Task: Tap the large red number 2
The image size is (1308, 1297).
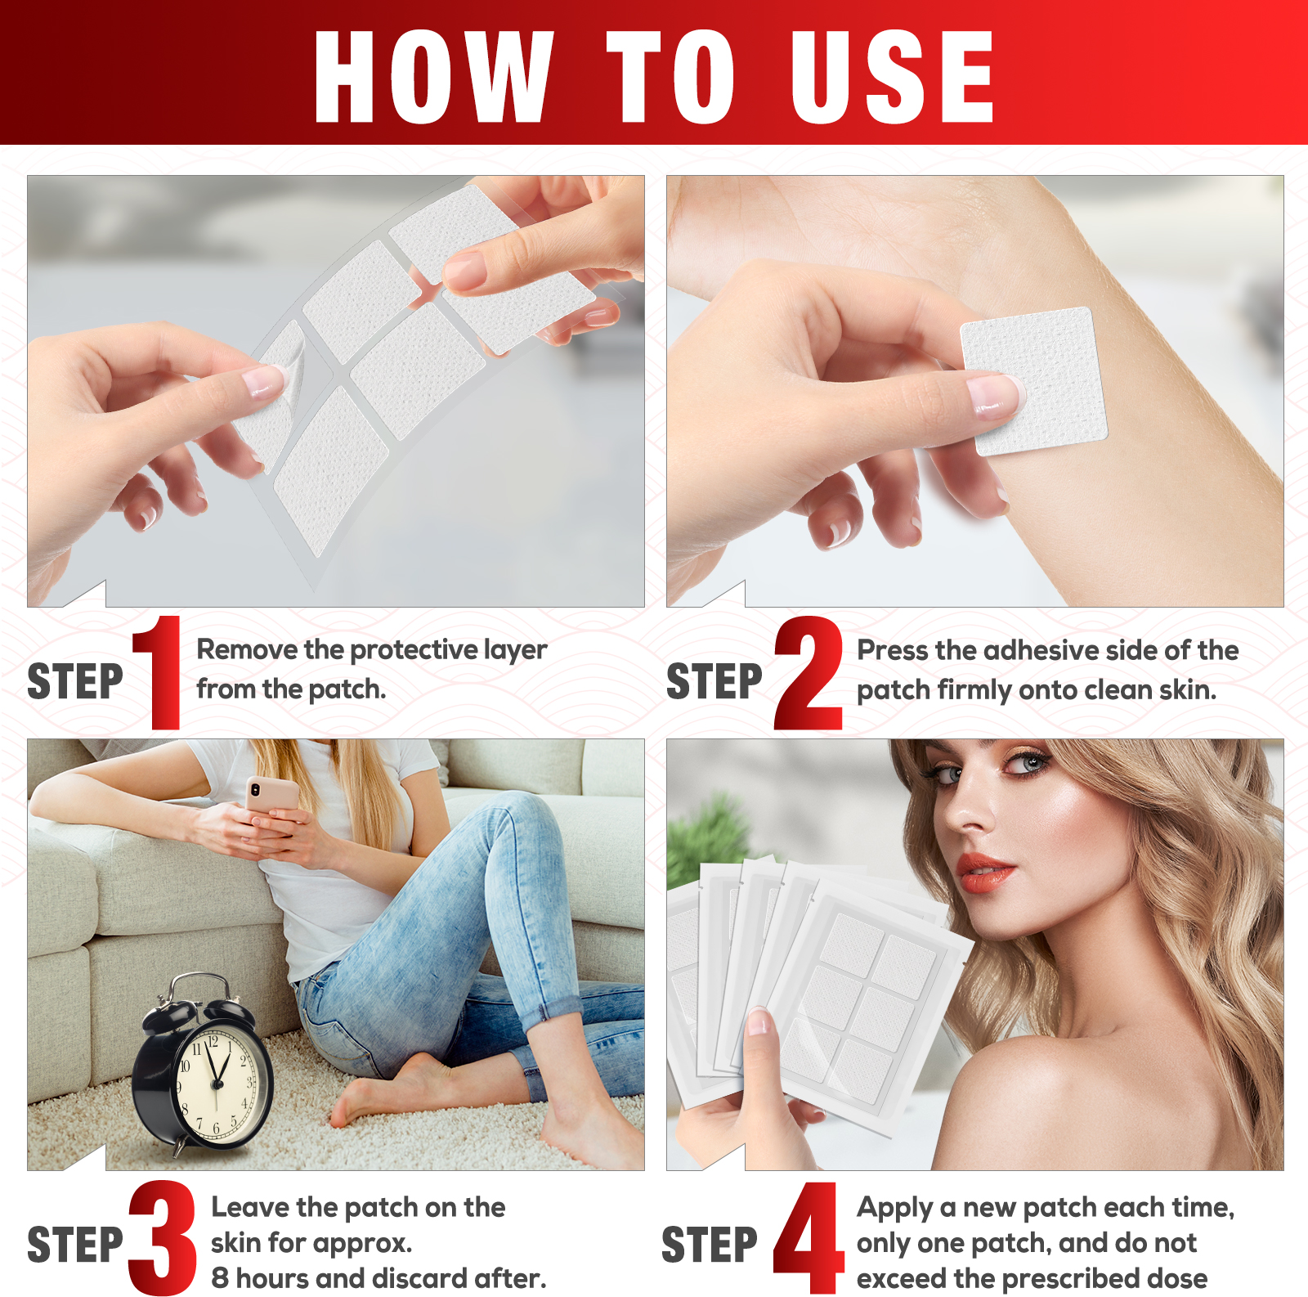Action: coord(808,672)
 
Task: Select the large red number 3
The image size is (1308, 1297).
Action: coord(163,1236)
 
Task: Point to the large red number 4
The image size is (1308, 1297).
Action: coord(808,1237)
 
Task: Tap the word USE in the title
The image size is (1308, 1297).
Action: coord(892,77)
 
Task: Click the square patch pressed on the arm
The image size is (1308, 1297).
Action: coord(1034,381)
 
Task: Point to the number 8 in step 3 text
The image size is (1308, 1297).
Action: coord(220,1277)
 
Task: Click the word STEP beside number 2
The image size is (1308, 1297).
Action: coord(714,681)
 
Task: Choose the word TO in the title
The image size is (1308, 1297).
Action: coord(670,77)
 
